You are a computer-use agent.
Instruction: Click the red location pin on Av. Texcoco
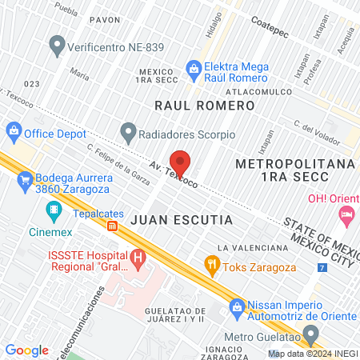(180, 163)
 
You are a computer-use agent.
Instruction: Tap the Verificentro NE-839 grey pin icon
(56, 46)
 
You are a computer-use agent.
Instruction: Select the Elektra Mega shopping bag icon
(193, 70)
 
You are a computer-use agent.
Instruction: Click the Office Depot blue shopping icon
(14, 130)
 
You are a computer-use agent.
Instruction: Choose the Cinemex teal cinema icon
(54, 212)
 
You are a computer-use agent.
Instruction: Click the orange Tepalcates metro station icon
(113, 226)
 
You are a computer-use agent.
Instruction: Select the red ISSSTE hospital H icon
(138, 259)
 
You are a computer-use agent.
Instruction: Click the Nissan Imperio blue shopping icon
(237, 306)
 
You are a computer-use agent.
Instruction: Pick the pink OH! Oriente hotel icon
(346, 214)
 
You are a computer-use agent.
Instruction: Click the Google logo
(26, 350)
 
